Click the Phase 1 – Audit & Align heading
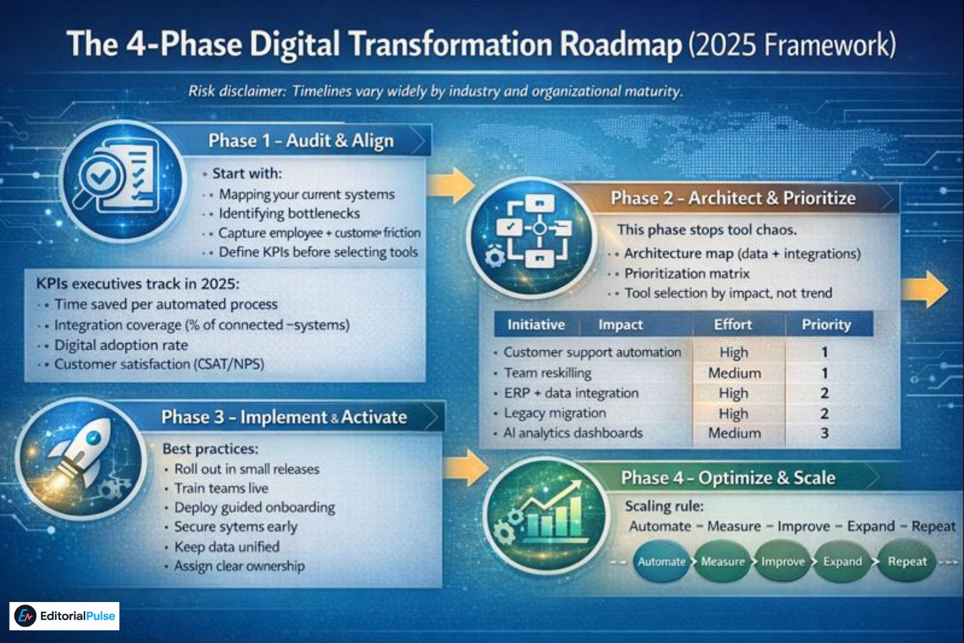point(301,140)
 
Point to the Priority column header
point(826,325)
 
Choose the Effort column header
point(733,325)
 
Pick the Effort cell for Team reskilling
point(734,373)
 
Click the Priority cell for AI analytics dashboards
point(824,433)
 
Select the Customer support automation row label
point(592,352)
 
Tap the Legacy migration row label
point(554,413)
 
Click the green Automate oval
point(662,562)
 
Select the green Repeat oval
point(907,562)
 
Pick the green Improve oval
point(782,562)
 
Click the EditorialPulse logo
point(64,616)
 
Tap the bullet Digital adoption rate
point(120,345)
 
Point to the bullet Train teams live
point(221,488)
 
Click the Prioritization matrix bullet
point(686,274)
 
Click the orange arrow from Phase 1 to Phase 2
point(451,185)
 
